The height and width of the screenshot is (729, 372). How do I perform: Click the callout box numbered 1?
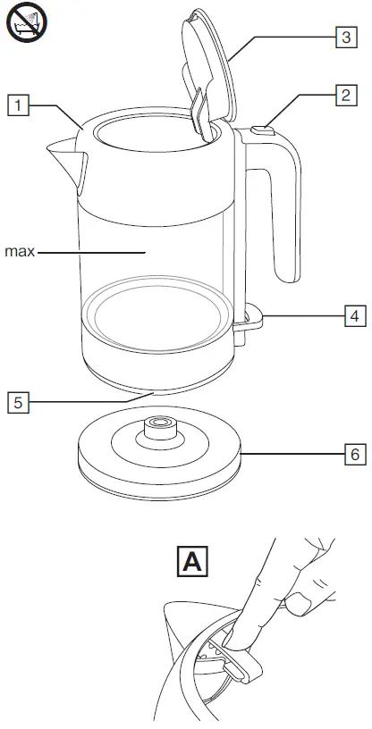tap(18, 105)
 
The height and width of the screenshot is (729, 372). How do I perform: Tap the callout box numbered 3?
tap(342, 38)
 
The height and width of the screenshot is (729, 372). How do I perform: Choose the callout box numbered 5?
tap(18, 401)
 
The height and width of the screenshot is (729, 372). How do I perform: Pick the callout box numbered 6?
tap(355, 455)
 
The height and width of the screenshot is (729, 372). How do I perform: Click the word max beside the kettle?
tap(20, 252)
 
